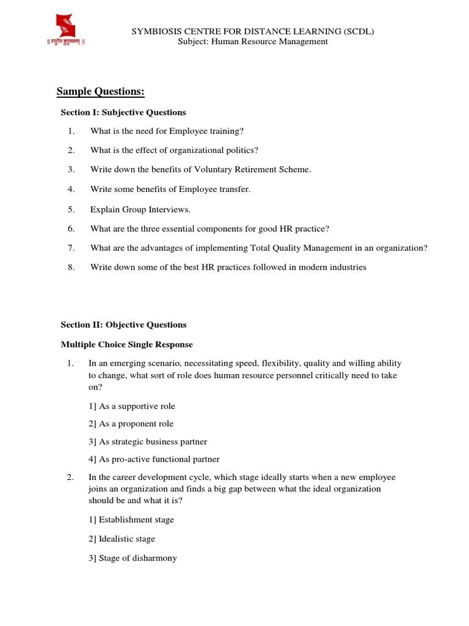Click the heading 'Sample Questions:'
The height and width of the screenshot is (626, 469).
click(101, 92)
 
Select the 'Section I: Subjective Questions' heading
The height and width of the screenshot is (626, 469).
click(123, 112)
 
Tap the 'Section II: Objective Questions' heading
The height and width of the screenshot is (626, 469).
click(124, 325)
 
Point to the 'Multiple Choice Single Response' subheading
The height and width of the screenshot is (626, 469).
click(126, 345)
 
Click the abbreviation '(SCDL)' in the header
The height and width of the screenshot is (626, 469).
click(357, 31)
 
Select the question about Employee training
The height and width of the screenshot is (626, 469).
click(167, 131)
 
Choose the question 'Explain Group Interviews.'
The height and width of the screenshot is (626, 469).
click(140, 209)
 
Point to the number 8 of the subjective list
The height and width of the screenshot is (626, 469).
click(71, 267)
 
